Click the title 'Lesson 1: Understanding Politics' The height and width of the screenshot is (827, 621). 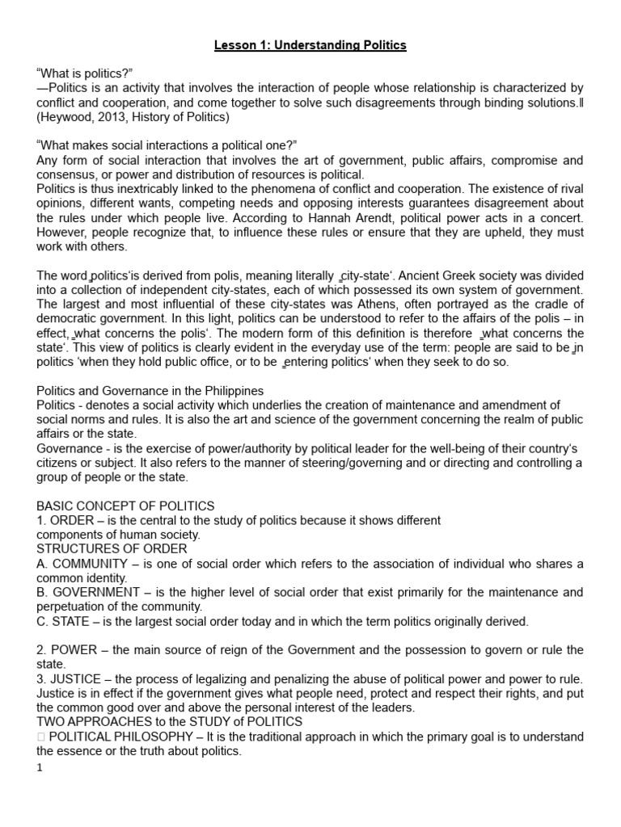click(310, 45)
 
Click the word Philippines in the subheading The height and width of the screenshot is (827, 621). click(226, 391)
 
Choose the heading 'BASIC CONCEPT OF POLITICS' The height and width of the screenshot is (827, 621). click(125, 506)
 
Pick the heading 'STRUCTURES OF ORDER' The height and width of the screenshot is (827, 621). click(112, 549)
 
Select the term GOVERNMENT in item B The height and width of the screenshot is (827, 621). click(95, 593)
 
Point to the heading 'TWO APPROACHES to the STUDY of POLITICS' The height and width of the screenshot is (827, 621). click(170, 721)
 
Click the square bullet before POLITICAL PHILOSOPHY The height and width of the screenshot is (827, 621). click(40, 736)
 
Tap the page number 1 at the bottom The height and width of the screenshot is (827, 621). click(40, 767)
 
